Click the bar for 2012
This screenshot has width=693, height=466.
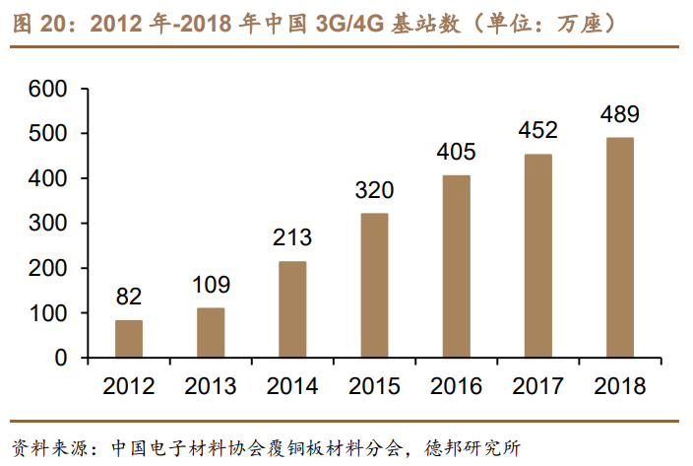click(129, 338)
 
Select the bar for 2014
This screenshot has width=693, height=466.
click(292, 309)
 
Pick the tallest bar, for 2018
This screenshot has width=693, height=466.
click(619, 247)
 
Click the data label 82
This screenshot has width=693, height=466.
click(129, 297)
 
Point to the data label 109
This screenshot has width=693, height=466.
click(211, 285)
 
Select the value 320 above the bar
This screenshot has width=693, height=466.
click(374, 190)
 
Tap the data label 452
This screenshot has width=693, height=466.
click(537, 130)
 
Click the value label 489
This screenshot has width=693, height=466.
click(619, 114)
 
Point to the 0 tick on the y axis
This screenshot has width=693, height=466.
click(60, 359)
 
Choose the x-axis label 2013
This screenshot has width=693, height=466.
click(211, 385)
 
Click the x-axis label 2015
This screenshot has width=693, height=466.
click(374, 385)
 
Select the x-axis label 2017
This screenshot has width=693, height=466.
click(537, 385)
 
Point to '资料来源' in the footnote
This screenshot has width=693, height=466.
click(48, 446)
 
